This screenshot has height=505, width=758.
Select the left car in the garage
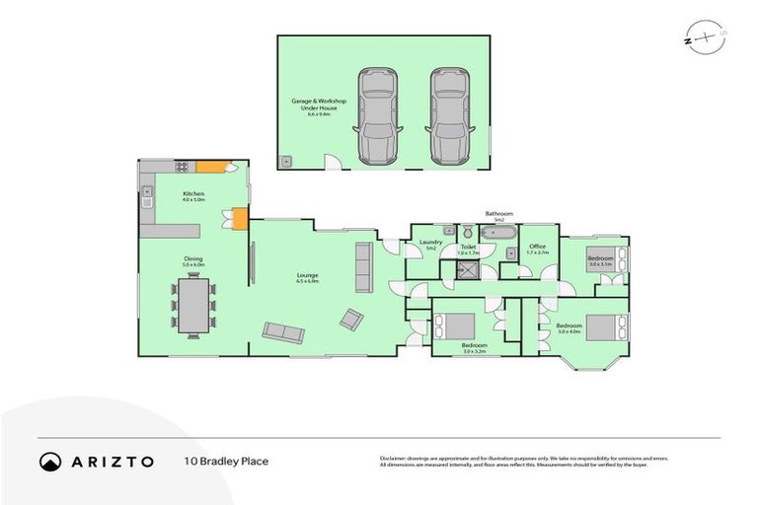(376, 115)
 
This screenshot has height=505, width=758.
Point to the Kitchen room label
(193, 195)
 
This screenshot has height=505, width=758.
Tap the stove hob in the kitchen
(182, 168)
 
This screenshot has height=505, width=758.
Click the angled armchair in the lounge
(351, 319)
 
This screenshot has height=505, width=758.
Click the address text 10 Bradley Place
(226, 461)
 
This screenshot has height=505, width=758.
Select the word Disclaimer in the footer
(394, 458)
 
